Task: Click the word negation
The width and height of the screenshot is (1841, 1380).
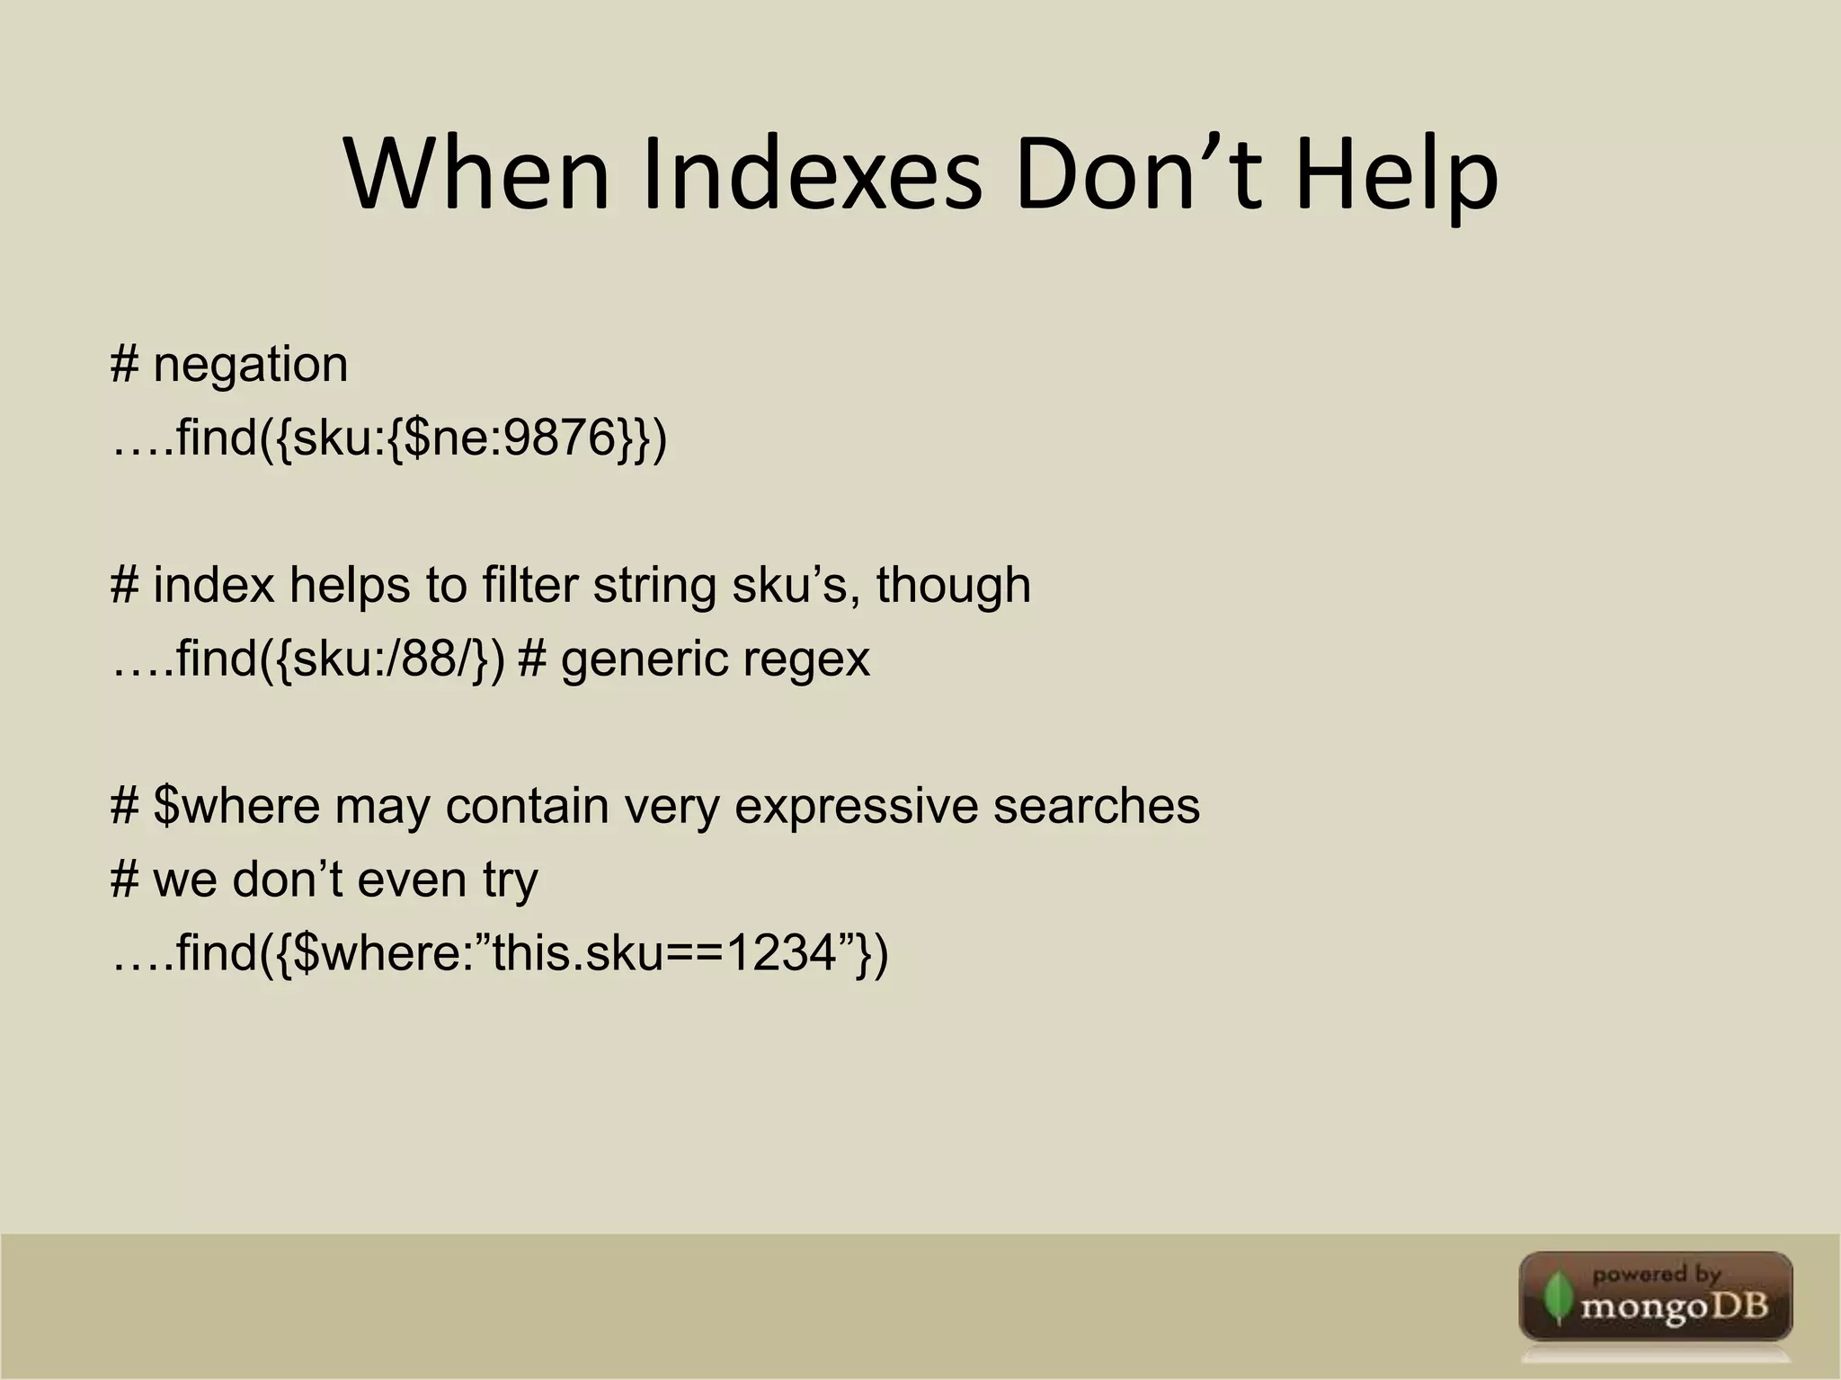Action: [250, 366]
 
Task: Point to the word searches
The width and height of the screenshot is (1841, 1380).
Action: [1096, 806]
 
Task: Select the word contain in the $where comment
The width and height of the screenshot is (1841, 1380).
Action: [527, 806]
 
